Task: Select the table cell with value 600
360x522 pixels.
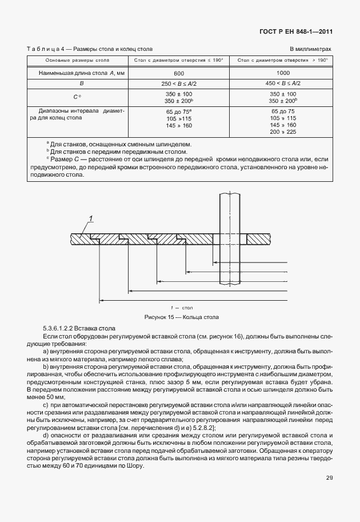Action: [x=179, y=74]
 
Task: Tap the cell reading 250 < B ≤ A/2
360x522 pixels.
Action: [x=179, y=83]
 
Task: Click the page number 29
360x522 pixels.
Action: [x=329, y=493]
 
